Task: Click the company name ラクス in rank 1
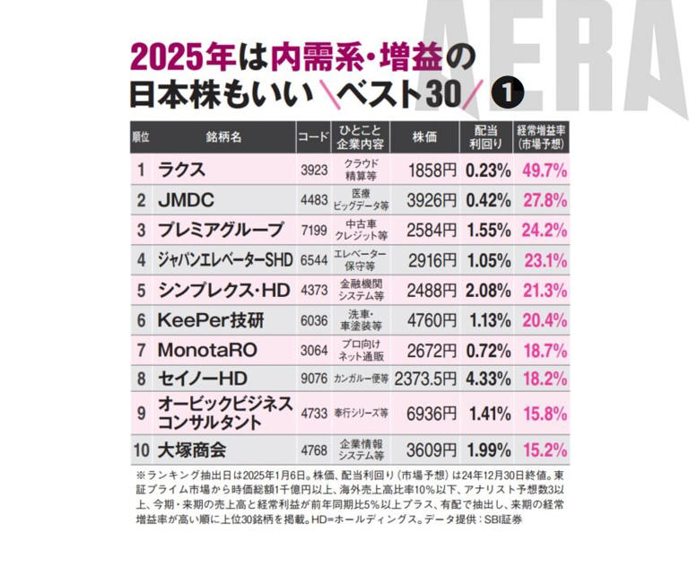(x=181, y=169)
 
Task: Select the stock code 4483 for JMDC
(x=313, y=199)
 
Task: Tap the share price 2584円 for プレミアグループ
(x=432, y=229)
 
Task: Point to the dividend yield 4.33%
(x=487, y=379)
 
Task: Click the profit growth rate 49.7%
(x=544, y=169)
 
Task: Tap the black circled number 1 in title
(x=510, y=92)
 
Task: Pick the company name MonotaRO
(x=207, y=348)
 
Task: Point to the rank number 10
(x=141, y=448)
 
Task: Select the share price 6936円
(x=432, y=413)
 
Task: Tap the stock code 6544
(x=313, y=259)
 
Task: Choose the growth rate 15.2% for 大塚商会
(x=544, y=448)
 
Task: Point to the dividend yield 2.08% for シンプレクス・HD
(x=487, y=289)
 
